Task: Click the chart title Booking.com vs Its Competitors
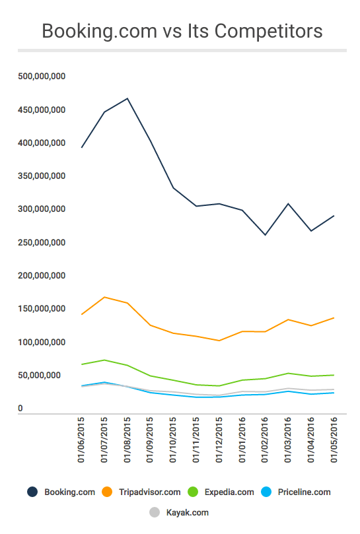point(182,31)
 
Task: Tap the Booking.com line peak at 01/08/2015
point(127,98)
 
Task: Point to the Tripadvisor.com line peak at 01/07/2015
point(104,297)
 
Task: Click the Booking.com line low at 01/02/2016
point(266,235)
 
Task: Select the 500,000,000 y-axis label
point(42,77)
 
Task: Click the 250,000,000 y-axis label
point(42,243)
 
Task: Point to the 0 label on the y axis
point(20,409)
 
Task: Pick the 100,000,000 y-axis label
point(42,343)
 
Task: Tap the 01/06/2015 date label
point(81,440)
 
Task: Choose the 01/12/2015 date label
point(219,440)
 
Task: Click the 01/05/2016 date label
point(334,440)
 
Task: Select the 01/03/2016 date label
point(288,440)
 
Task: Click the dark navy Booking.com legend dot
point(32,492)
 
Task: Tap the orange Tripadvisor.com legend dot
point(107,492)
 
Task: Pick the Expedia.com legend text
point(229,492)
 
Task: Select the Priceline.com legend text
point(304,492)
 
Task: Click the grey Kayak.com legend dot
point(155,512)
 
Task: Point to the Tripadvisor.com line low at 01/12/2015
point(219,341)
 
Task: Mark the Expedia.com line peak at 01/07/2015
point(104,360)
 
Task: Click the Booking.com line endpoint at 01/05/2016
point(334,216)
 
